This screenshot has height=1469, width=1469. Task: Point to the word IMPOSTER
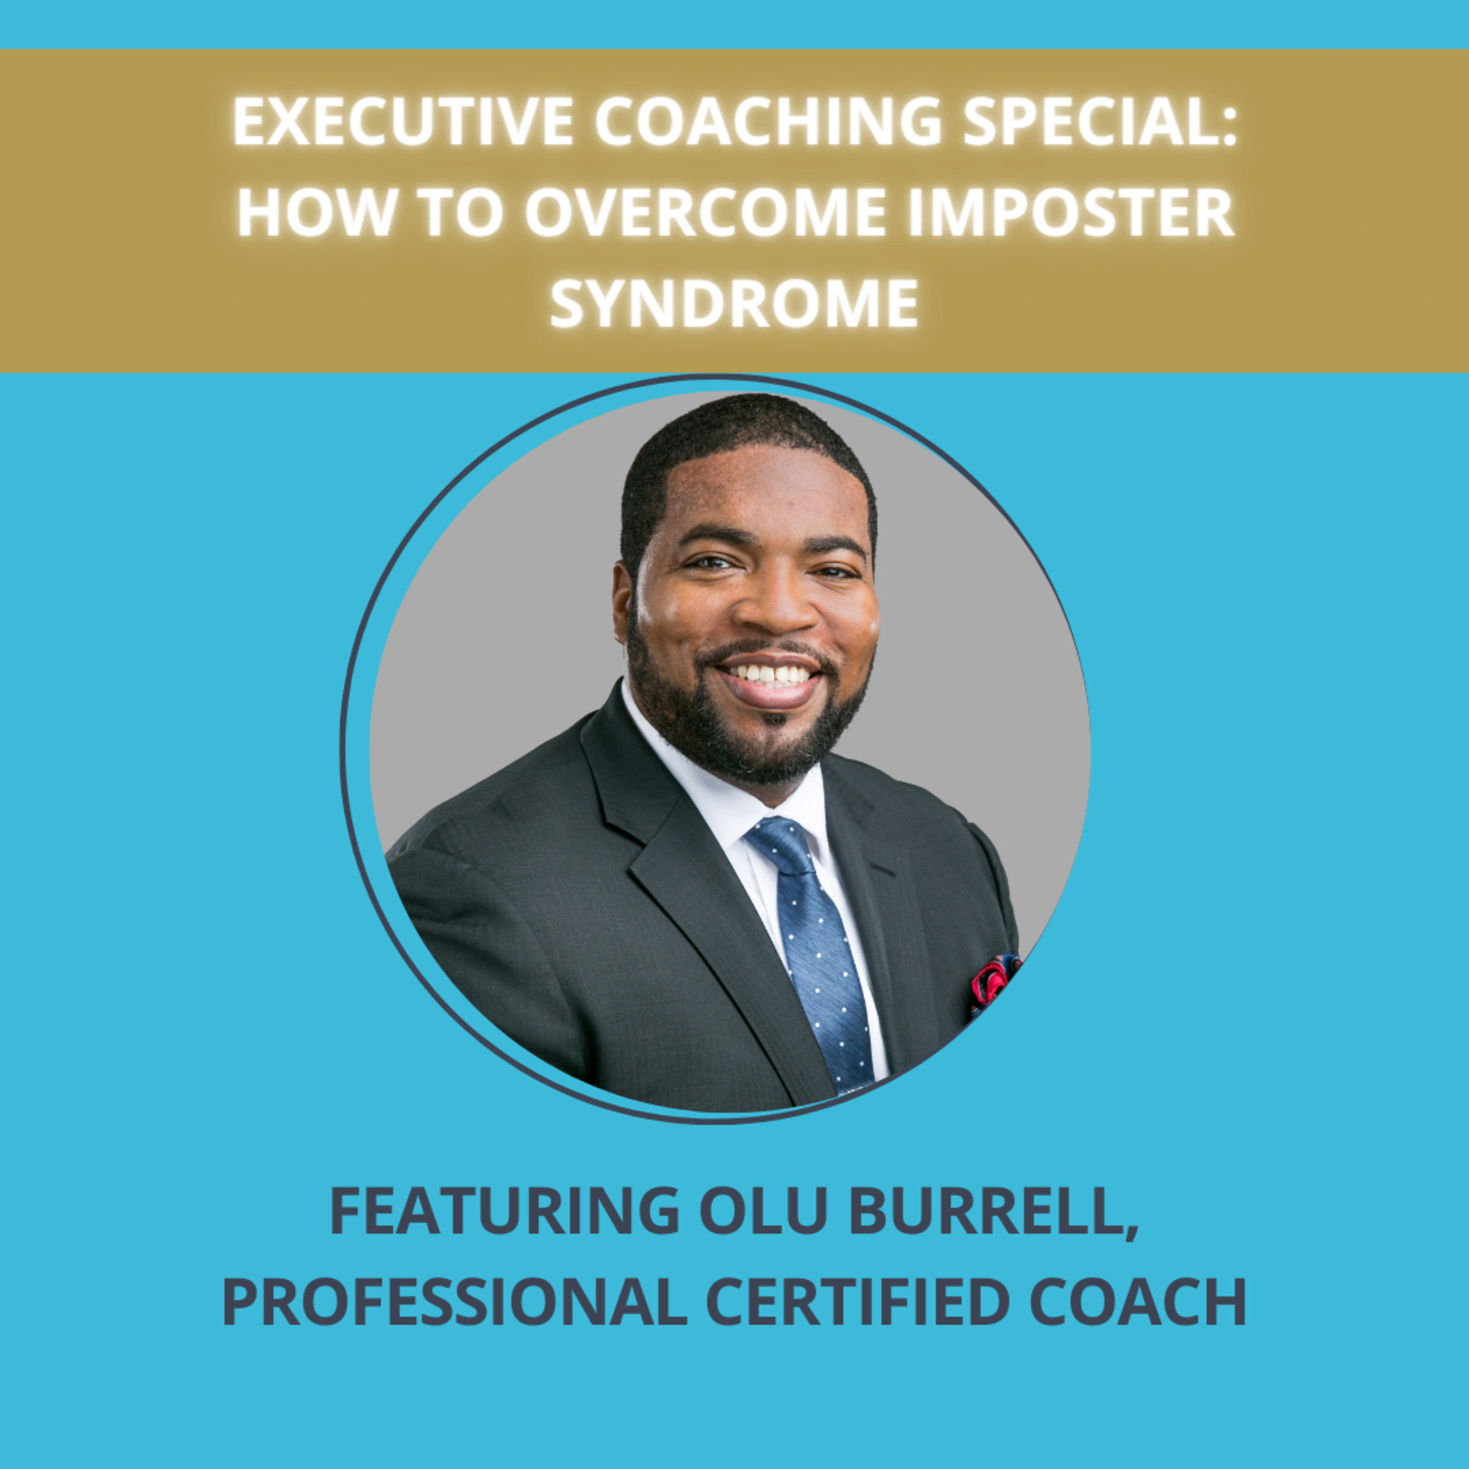[x=1070, y=212]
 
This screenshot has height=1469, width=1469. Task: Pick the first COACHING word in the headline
[x=768, y=121]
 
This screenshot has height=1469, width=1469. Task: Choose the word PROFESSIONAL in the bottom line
[x=454, y=1302]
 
